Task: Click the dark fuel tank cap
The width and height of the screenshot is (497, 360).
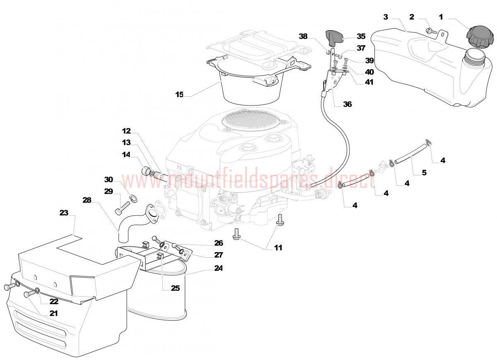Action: point(480,36)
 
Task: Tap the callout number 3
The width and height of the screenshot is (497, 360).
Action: point(386,17)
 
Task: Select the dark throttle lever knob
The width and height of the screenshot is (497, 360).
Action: point(333,36)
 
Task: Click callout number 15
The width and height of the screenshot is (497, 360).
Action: point(179,95)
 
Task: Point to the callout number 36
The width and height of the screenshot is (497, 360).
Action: point(347,104)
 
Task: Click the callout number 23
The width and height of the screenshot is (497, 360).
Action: point(64,213)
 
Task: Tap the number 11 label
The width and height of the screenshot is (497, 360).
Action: point(278,247)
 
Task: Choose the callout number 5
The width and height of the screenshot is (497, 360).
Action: point(424,173)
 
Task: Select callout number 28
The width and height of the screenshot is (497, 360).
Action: point(87,200)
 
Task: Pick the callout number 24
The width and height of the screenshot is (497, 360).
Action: point(218,268)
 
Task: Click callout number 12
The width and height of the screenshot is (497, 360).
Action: point(126,131)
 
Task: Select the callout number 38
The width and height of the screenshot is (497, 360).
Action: point(303,36)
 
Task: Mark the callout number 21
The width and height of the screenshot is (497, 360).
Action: point(53,314)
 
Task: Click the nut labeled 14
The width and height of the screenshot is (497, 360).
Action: point(145,171)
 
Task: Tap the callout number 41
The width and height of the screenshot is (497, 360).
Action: point(369,82)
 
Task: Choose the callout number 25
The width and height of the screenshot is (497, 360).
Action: point(175,288)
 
